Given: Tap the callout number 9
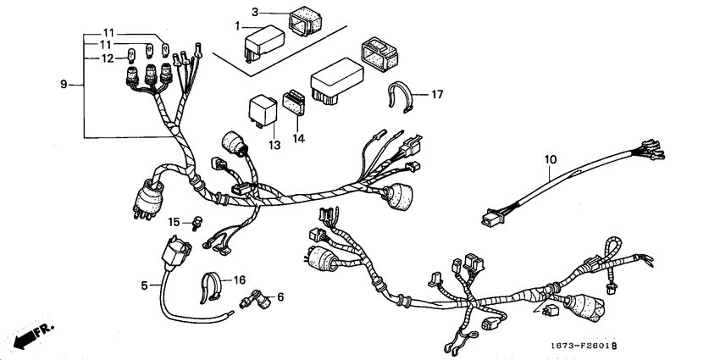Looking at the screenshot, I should click(64, 85).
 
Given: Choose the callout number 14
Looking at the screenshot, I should click(298, 136).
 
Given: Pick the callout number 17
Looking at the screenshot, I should click(437, 93).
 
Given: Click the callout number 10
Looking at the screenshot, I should click(550, 158).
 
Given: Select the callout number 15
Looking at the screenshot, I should click(174, 222).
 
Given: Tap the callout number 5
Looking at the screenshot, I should click(145, 285).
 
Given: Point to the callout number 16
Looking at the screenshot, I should click(239, 280).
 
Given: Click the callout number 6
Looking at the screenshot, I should click(280, 296).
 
